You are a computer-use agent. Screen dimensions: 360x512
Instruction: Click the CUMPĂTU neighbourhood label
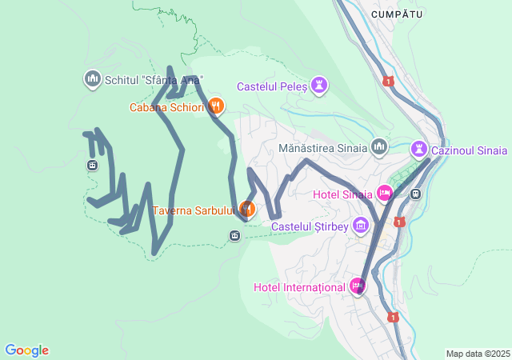click(397, 14)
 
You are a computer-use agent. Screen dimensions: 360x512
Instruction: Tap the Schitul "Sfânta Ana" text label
click(154, 79)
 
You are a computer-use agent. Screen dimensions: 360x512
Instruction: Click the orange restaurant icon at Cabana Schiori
click(215, 106)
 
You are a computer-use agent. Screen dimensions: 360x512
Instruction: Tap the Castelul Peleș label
click(272, 86)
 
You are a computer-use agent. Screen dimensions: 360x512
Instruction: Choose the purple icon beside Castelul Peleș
click(319, 85)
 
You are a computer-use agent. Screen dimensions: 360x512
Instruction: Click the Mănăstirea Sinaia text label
click(323, 148)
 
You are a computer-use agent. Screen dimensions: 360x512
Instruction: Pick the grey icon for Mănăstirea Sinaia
click(378, 147)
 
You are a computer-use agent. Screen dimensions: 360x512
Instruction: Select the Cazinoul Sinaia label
click(469, 150)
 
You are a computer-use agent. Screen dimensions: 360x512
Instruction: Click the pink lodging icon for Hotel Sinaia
click(384, 193)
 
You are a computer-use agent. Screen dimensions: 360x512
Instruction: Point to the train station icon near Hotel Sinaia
click(415, 194)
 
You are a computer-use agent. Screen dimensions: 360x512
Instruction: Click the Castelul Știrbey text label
click(310, 226)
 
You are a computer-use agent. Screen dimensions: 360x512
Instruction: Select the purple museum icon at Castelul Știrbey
click(360, 226)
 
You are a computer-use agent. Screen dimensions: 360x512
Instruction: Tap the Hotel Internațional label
click(299, 286)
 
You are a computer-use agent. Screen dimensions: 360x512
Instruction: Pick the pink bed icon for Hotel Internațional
click(357, 286)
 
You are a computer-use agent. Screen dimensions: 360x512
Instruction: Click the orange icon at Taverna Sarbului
click(246, 210)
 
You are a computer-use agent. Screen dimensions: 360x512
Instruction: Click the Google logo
click(26, 350)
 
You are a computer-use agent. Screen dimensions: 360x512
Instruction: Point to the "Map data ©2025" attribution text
click(477, 354)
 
